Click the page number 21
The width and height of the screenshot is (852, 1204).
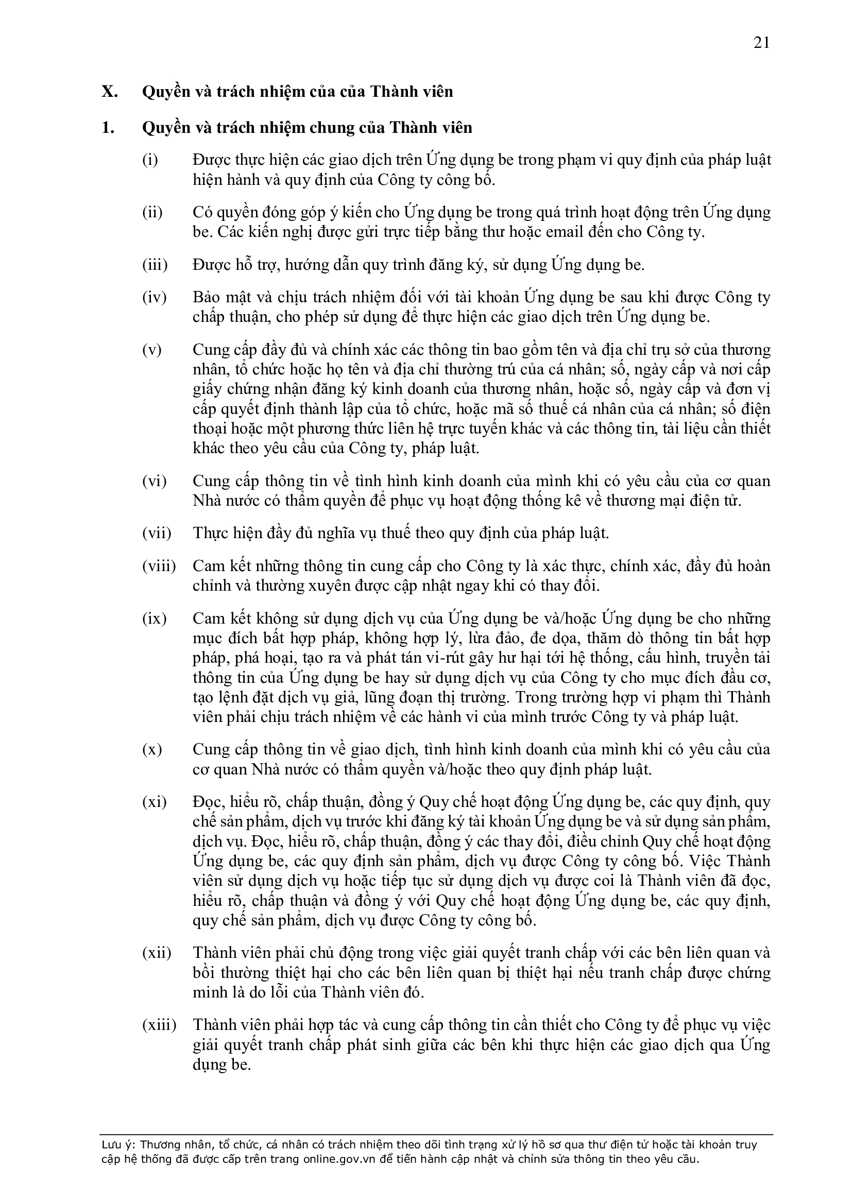pyautogui.click(x=761, y=43)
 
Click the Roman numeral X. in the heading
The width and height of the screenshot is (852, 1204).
pyautogui.click(x=110, y=92)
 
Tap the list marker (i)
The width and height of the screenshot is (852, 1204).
pyautogui.click(x=150, y=160)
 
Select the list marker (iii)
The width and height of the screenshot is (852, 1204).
pyautogui.click(x=155, y=265)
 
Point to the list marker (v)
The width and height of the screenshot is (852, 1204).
pyautogui.click(x=151, y=350)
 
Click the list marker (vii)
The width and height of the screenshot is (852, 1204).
pyautogui.click(x=157, y=534)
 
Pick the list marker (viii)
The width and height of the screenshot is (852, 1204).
pyautogui.click(x=159, y=566)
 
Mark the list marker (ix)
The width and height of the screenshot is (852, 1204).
pyautogui.click(x=154, y=619)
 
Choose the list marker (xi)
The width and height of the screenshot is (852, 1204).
pyautogui.click(x=154, y=802)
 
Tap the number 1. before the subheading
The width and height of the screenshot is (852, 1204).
pyautogui.click(x=108, y=127)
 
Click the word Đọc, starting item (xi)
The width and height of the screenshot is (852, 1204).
pyautogui.click(x=210, y=802)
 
